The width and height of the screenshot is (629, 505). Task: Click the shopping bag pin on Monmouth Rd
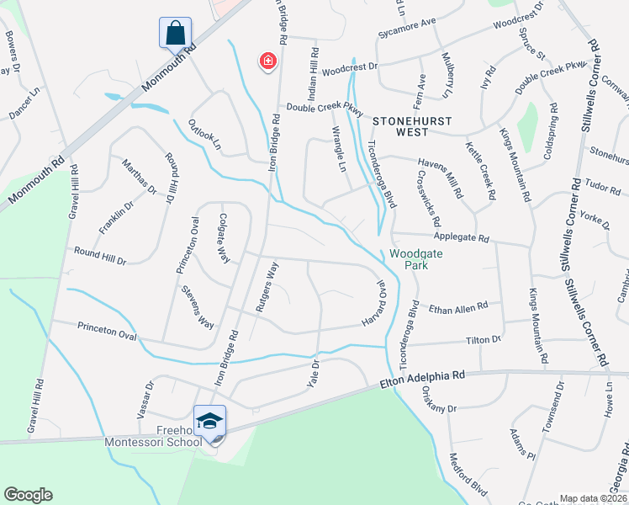[175, 34]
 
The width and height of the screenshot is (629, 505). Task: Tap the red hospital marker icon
[268, 61]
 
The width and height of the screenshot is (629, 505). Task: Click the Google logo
[28, 495]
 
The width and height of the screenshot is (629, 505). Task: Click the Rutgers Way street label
[267, 287]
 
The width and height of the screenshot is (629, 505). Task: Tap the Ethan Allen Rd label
[458, 308]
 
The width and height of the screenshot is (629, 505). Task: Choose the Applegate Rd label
[460, 239]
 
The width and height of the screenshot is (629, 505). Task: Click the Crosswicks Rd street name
[428, 200]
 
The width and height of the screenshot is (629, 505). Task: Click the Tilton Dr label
[484, 339]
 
